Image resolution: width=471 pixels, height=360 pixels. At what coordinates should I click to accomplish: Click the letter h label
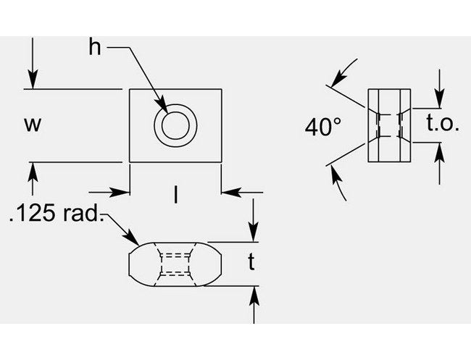(x=95, y=48)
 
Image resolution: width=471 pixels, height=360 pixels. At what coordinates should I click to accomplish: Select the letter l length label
(x=175, y=193)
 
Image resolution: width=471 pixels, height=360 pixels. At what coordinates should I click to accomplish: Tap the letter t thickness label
(x=251, y=263)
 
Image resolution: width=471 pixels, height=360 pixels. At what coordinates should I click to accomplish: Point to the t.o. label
(x=443, y=124)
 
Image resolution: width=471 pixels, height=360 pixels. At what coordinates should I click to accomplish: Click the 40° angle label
(x=322, y=127)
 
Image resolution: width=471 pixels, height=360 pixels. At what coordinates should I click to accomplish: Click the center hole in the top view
(x=175, y=126)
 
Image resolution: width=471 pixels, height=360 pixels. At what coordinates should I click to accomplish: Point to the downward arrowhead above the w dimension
(x=32, y=82)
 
